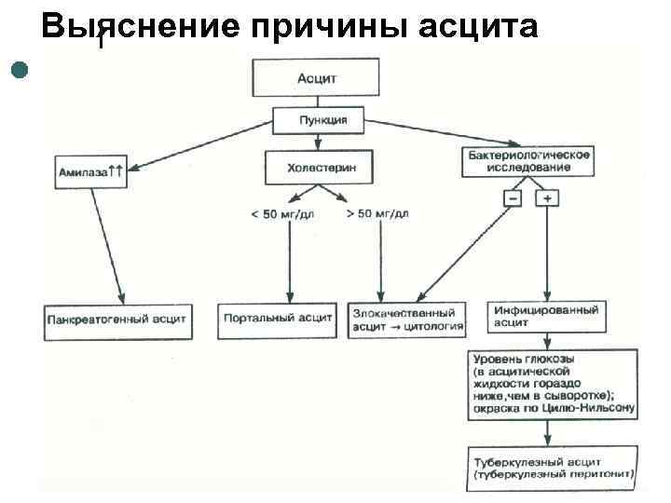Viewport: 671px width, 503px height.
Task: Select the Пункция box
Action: click(319, 120)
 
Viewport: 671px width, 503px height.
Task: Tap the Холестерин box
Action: click(318, 168)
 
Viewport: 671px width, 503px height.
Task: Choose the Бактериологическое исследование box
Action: click(527, 161)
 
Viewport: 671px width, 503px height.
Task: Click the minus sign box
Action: click(513, 198)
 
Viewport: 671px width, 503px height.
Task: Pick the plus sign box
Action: click(546, 198)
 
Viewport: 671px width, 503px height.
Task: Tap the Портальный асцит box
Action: click(278, 318)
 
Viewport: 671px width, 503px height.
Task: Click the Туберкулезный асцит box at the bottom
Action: click(555, 468)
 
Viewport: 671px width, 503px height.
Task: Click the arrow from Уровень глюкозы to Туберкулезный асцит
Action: click(550, 431)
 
